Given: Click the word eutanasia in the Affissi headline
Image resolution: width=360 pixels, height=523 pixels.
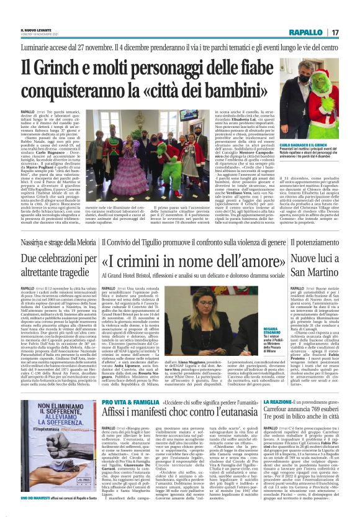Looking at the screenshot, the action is point(226,398).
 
